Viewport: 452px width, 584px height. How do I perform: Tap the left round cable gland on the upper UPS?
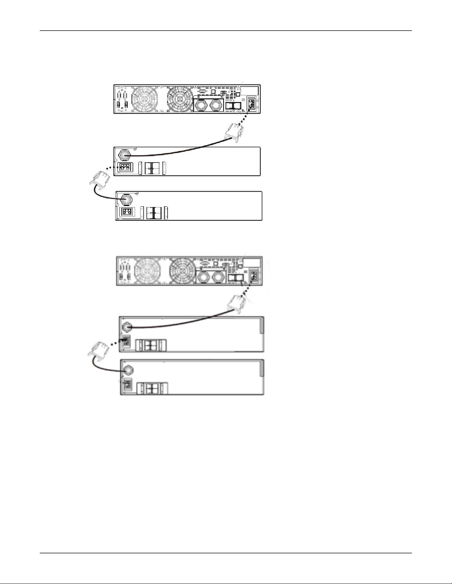pos(201,106)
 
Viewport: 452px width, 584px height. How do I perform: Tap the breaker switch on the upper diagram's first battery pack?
pos(152,168)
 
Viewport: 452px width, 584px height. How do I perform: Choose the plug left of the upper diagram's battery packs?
pos(100,180)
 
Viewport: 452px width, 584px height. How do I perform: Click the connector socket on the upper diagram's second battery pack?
pos(127,212)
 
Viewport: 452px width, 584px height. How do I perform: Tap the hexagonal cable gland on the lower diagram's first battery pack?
pos(127,326)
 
